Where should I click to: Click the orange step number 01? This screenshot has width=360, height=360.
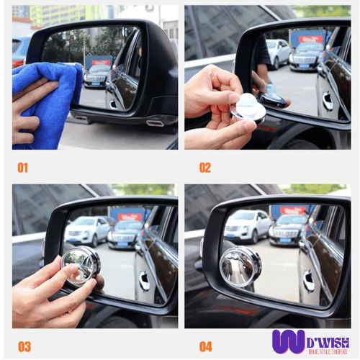(23, 168)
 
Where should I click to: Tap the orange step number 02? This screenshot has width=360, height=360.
(205, 168)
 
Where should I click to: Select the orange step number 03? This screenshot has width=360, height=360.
(24, 346)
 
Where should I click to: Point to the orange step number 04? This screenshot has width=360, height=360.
(207, 346)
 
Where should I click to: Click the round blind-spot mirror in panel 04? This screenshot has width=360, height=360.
(241, 267)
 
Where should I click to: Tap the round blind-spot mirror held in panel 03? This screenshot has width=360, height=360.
(81, 266)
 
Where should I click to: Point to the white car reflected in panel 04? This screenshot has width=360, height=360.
(248, 225)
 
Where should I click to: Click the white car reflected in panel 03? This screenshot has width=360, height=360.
(86, 230)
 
